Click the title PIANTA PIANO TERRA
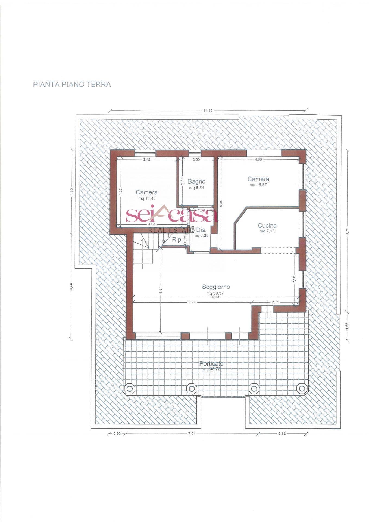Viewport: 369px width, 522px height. tap(72, 84)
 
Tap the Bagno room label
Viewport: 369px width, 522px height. tap(196, 181)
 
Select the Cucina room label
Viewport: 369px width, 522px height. tap(267, 225)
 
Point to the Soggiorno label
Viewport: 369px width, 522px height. tap(216, 287)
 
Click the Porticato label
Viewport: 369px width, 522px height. tap(211, 363)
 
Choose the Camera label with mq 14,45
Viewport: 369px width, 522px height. tap(146, 192)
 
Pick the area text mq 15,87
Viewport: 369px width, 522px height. tap(258, 185)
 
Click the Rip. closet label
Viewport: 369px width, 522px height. tap(177, 240)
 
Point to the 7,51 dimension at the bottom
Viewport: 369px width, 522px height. tap(192, 434)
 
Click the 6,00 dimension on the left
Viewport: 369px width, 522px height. tap(71, 287)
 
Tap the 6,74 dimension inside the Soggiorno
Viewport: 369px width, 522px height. tap(192, 302)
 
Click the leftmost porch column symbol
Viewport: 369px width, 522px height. tap(129, 389)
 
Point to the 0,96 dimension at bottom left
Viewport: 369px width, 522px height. tap(117, 434)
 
